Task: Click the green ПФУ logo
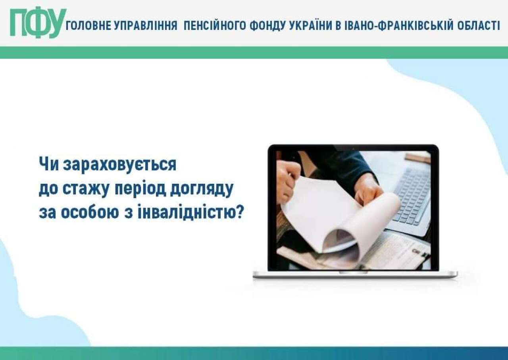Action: pyautogui.click(x=38, y=23)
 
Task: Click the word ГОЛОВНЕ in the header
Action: pyautogui.click(x=89, y=25)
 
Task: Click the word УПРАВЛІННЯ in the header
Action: pyautogui.click(x=146, y=26)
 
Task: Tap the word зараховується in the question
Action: pyautogui.click(x=119, y=164)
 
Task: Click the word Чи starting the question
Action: pyautogui.click(x=49, y=164)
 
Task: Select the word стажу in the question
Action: pyautogui.click(x=86, y=189)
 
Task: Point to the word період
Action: pyautogui.click(x=141, y=189)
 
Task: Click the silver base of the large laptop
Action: pyautogui.click(x=355, y=274)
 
